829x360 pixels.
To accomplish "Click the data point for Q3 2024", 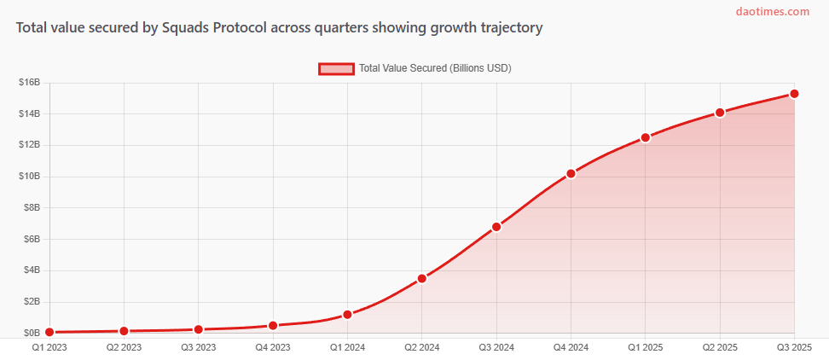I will pos(496,227).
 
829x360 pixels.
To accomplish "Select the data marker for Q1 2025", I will pos(646,137).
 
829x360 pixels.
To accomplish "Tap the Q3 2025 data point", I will pos(794,94).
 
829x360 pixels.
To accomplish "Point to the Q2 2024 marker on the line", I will pos(422,278).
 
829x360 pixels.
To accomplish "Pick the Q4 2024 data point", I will pos(571,173).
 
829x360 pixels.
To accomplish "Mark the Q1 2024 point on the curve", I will pos(348,314).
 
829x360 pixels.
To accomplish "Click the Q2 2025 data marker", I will pos(720,112).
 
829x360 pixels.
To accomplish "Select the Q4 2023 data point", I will pos(273,325).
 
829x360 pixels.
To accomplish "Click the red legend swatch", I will pos(336,68).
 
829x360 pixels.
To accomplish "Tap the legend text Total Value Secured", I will pos(435,68).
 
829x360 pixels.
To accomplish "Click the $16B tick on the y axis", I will pos(30,83).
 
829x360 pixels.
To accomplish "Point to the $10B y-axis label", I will pos(30,177).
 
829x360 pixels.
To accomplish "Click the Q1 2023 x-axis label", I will pos(49,348).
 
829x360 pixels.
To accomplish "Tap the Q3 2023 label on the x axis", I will pos(199,348).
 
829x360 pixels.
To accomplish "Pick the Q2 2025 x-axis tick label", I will pos(720,348).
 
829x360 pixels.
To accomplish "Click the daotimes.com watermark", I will pos(773,12).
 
